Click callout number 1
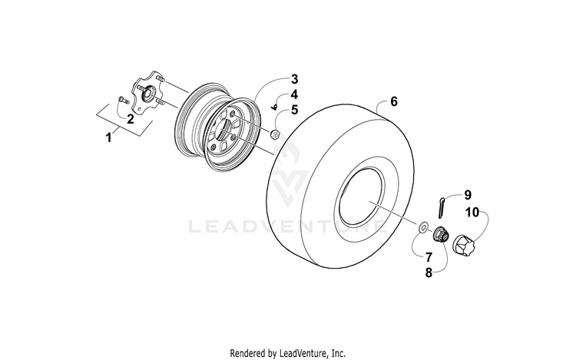coord(108,138)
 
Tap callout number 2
coord(130,119)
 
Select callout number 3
coord(295,79)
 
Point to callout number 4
coord(294,94)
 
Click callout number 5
coord(295,110)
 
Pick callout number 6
coord(394,101)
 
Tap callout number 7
coord(429,257)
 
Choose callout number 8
coord(429,273)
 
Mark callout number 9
coord(468,195)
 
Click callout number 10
coord(473,212)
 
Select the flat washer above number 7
coord(422,226)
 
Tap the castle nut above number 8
coord(440,234)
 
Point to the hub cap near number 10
coord(463,244)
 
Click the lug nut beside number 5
coord(273,134)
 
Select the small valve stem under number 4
coord(273,107)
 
